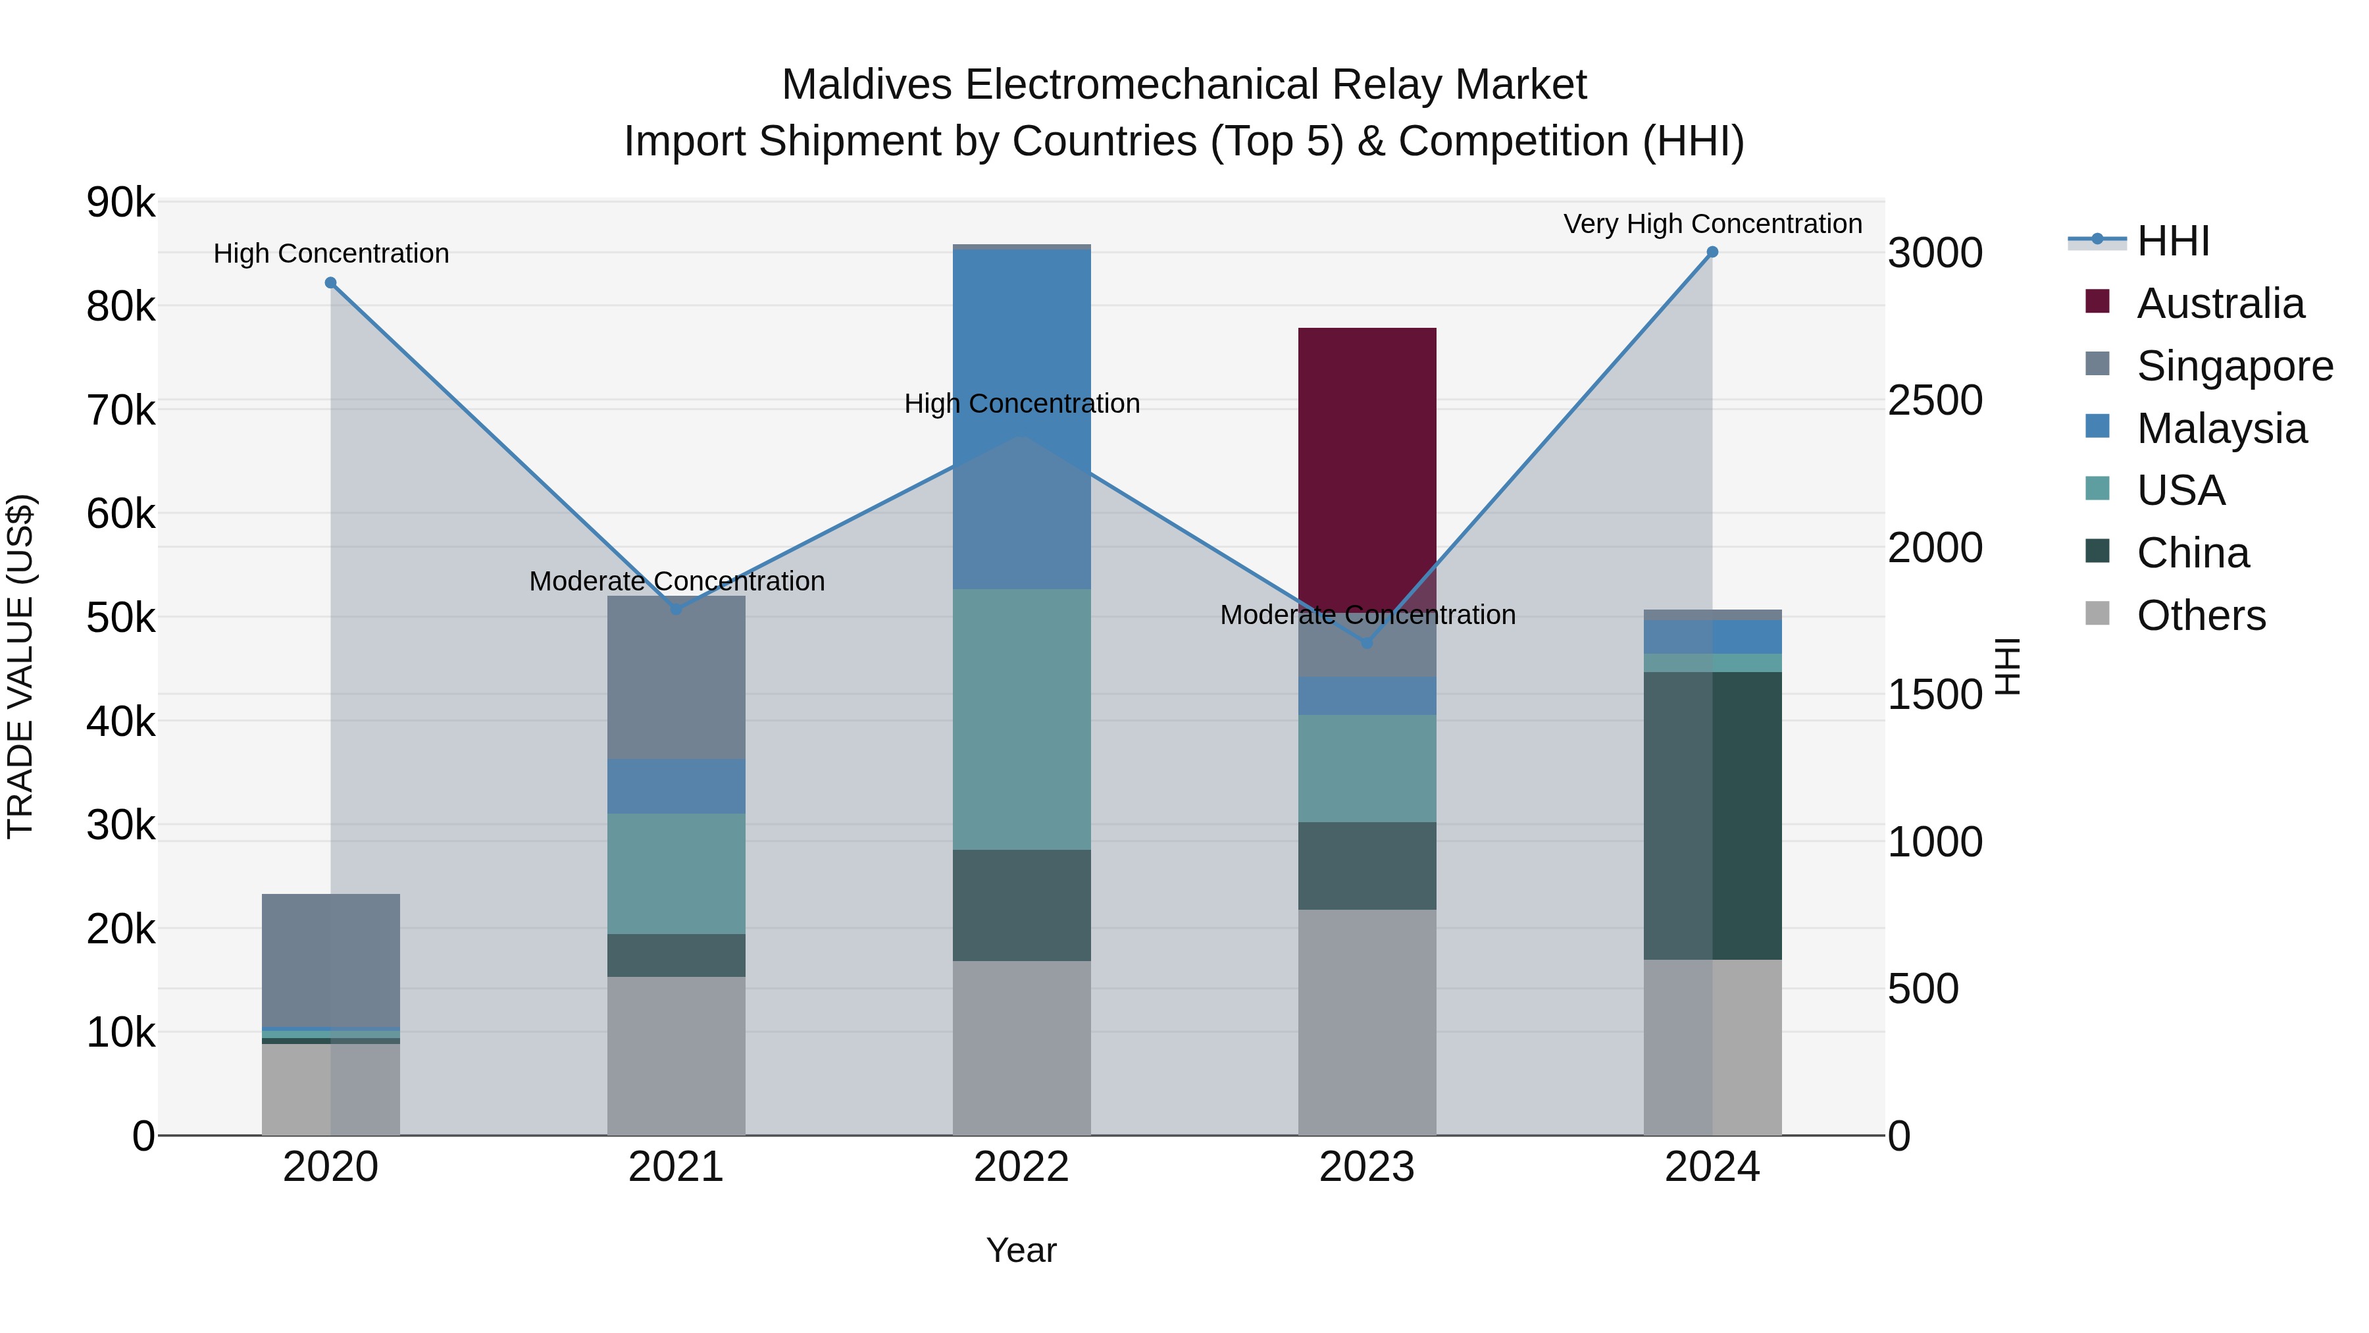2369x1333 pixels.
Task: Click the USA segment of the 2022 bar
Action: [1021, 718]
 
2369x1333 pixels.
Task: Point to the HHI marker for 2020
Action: [331, 283]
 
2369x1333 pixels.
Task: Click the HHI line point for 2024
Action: [1712, 252]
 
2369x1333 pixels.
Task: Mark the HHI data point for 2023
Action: [1367, 643]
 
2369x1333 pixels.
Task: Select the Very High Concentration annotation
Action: [1712, 224]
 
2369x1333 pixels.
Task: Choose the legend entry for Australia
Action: [2220, 303]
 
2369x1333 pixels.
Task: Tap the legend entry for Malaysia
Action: [2221, 429]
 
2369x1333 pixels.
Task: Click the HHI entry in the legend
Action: [2172, 241]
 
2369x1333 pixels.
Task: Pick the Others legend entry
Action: [2201, 615]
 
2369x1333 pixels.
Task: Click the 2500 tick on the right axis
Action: [1935, 401]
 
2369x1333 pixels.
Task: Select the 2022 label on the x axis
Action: [1021, 1167]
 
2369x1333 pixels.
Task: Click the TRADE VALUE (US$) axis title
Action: [21, 666]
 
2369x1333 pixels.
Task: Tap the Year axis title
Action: [1021, 1250]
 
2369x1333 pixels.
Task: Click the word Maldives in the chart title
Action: [865, 85]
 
